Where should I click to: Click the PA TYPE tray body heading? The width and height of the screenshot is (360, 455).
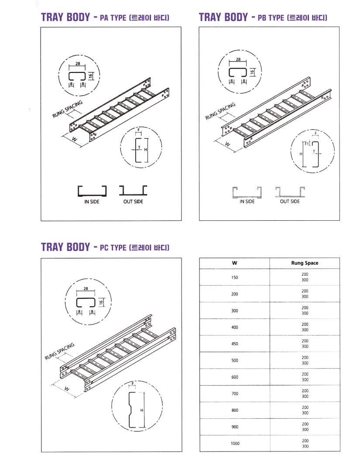pyautogui.click(x=105, y=17)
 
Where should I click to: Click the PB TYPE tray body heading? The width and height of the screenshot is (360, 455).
pyautogui.click(x=263, y=17)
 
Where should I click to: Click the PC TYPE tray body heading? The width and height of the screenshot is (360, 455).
pyautogui.click(x=105, y=247)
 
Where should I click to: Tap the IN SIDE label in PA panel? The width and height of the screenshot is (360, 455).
pyautogui.click(x=92, y=202)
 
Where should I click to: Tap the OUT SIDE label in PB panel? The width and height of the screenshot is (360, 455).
pyautogui.click(x=290, y=202)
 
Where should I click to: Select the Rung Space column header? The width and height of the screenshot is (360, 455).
pyautogui.click(x=305, y=263)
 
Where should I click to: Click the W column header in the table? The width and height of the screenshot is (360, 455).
pyautogui.click(x=235, y=263)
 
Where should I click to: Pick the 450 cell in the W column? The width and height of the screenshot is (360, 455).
pyautogui.click(x=235, y=344)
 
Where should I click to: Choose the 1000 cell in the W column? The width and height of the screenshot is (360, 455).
pyautogui.click(x=235, y=443)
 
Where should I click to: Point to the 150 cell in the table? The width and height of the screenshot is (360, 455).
pyautogui.click(x=235, y=277)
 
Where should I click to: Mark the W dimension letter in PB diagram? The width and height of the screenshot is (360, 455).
pyautogui.click(x=227, y=144)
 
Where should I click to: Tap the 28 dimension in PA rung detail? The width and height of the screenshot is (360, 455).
pyautogui.click(x=78, y=64)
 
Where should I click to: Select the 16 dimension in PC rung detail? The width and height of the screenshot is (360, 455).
pyautogui.click(x=101, y=302)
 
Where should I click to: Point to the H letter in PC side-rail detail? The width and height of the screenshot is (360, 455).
pyautogui.click(x=142, y=411)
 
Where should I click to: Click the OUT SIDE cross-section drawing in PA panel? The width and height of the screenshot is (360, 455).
pyautogui.click(x=133, y=190)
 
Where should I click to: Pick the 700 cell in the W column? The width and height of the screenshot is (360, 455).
pyautogui.click(x=235, y=393)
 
